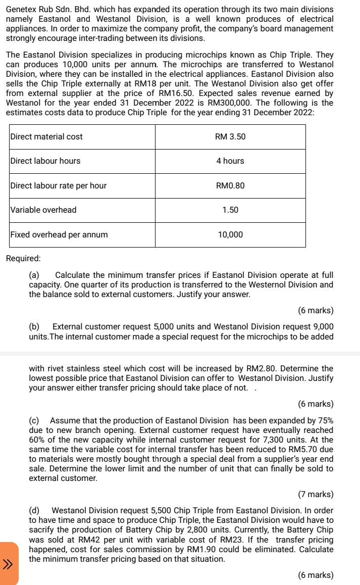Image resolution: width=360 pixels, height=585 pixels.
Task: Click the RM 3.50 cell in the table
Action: pos(230,137)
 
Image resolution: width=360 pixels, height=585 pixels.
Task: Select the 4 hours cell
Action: pos(230,161)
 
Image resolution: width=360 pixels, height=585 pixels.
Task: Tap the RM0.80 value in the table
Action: pos(230,185)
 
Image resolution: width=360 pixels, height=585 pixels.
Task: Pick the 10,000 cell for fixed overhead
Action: pos(230,234)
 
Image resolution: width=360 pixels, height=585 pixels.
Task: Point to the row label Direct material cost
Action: pos(46,137)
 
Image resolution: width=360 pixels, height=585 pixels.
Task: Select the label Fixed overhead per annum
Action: pos(59,234)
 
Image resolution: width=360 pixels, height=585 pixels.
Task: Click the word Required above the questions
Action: pos(23,258)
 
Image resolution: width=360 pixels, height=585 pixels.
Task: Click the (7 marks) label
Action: pos(316,494)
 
